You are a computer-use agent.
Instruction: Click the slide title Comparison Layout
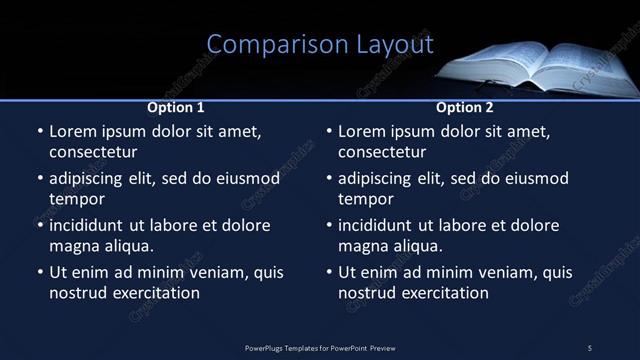pos(320,44)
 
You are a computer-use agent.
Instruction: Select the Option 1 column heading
pos(176,107)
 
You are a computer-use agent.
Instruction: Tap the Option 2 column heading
pos(465,107)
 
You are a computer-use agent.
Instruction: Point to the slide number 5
pos(589,347)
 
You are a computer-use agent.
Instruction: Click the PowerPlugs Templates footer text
pos(320,347)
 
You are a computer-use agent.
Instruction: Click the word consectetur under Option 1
pos(93,152)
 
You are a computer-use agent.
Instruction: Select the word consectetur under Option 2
pos(382,152)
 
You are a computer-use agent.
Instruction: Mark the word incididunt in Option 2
pos(381,225)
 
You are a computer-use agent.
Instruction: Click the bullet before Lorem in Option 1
pos(39,132)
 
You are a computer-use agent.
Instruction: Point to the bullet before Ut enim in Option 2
pos(329,273)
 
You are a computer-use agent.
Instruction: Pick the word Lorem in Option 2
pos(362,131)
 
